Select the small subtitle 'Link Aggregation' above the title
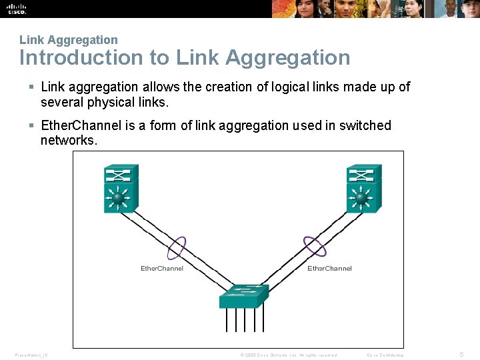68,40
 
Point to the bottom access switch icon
244,297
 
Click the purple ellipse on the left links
176,247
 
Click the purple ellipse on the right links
315,247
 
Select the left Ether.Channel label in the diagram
162,269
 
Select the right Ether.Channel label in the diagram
329,269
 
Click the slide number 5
462,354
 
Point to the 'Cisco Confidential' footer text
385,355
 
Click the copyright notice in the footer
288,355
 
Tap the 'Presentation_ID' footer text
31,355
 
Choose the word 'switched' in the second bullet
366,125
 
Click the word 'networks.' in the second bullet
69,140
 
